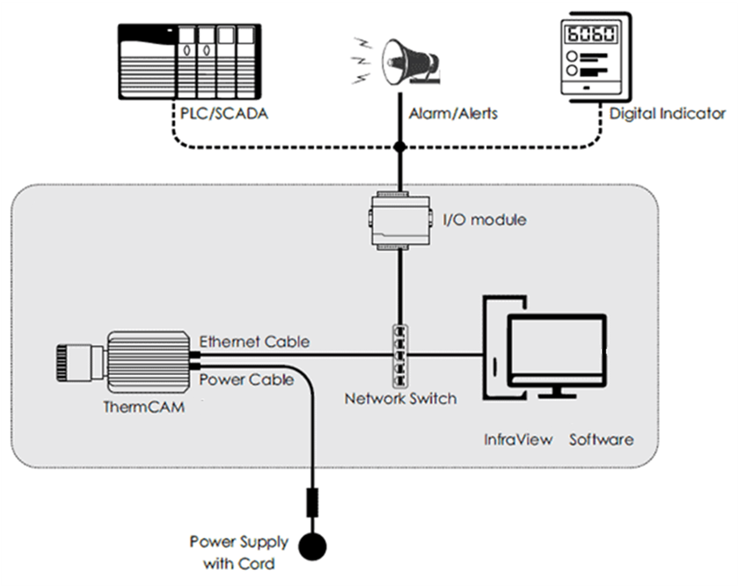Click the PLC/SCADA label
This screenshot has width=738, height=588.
[x=224, y=113]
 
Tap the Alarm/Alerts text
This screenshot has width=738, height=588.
[x=453, y=113]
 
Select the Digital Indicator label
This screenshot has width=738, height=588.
[x=667, y=113]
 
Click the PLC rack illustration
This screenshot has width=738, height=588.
[x=189, y=61]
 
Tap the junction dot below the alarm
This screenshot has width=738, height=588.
[x=400, y=147]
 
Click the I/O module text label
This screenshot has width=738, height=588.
[x=485, y=220]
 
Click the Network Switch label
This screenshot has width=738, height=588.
[x=400, y=398]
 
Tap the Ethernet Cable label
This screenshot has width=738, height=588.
[x=254, y=342]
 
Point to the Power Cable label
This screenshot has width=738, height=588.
[x=247, y=380]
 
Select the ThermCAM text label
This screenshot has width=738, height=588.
[x=144, y=407]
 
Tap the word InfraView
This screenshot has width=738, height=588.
[x=518, y=439]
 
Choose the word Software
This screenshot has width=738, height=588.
[x=601, y=439]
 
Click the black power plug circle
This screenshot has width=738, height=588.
[x=313, y=547]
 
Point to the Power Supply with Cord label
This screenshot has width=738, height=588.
[x=239, y=552]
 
